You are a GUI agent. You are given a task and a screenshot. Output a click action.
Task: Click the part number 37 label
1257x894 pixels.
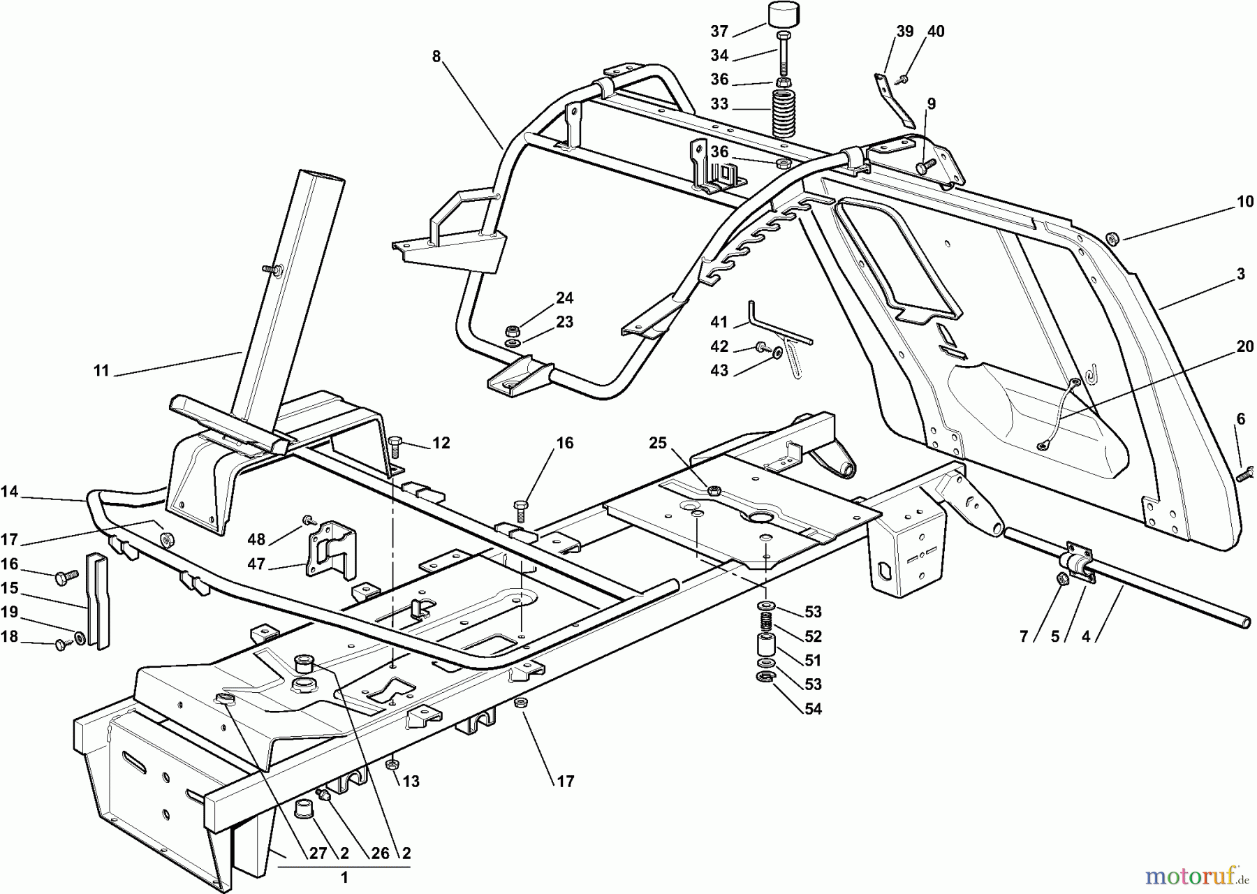coord(719,31)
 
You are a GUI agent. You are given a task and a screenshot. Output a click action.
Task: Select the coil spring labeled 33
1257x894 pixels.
coord(784,111)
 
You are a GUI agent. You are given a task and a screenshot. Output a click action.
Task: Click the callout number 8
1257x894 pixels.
coord(436,57)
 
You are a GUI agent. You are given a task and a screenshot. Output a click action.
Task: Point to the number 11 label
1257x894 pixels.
coord(102,371)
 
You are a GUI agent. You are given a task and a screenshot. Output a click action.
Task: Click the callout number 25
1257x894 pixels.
coord(658,444)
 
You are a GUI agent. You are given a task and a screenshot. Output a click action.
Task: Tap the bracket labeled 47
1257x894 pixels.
coord(330,550)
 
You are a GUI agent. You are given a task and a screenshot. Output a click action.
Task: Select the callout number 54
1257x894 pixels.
coord(812,709)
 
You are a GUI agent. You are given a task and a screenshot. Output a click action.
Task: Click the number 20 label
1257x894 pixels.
coord(1244,346)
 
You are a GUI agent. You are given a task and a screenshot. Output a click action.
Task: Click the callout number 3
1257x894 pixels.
coord(1240,274)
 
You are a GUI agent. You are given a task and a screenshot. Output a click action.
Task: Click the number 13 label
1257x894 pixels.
coord(411,782)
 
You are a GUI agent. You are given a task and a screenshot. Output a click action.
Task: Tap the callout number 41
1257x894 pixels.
coord(719,322)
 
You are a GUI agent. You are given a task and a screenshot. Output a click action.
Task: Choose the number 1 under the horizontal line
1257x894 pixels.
coord(344,877)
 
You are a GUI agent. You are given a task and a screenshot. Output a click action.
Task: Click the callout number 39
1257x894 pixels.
coord(905,31)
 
